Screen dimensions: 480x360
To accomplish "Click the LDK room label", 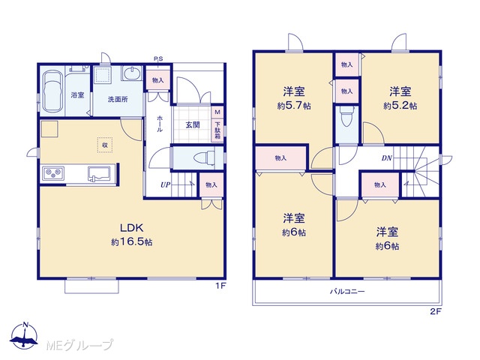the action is (131, 228).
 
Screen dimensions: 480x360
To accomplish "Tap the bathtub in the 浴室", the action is (52, 92).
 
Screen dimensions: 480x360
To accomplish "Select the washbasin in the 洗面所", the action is (132, 73).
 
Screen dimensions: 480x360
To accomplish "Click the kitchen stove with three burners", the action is (53, 173).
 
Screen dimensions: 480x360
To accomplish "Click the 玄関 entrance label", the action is (193, 125).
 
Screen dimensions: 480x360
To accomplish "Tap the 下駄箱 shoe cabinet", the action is (217, 130).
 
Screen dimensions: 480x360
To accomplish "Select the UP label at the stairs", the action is (165, 185).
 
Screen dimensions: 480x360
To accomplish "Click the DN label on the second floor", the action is (387, 158).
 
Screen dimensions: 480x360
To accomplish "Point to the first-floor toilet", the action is (205, 158).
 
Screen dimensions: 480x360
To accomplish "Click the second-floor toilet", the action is (346, 117).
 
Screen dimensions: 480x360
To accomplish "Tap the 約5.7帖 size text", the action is (294, 106).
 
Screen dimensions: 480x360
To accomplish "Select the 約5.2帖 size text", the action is (400, 106).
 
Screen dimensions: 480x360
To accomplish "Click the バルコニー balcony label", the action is (347, 291).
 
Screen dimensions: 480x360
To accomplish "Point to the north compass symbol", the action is (25, 335).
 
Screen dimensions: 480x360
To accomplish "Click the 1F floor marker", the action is (220, 286).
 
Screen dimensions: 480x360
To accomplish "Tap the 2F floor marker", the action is (436, 312).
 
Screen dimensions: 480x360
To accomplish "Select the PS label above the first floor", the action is (158, 58).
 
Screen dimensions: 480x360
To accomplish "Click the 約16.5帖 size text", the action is (132, 242).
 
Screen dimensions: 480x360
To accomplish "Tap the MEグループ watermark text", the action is (79, 345).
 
